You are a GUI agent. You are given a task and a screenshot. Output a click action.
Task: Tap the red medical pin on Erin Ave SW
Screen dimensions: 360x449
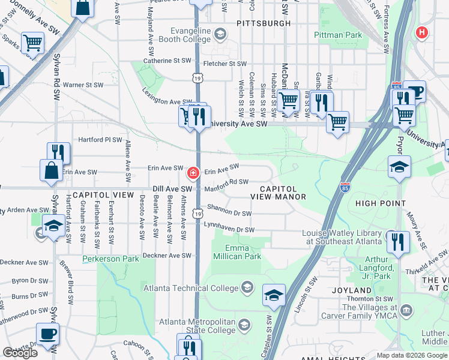coord(193,173)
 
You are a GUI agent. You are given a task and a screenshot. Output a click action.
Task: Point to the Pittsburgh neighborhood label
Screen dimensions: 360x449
coord(264,23)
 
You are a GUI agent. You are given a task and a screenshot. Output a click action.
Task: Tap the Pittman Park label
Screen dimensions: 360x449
coord(338,35)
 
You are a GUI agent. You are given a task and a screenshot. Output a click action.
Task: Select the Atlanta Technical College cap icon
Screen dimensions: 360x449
coord(246,287)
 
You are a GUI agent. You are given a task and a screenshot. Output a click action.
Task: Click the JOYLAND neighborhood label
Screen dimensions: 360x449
coord(352,290)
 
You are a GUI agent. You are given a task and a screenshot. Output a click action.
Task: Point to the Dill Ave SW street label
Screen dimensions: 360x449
coord(172,188)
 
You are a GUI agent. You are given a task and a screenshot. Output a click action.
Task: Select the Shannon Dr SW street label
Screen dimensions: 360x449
coord(229,210)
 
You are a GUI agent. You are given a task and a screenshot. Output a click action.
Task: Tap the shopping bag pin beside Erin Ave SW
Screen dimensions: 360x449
coord(52,170)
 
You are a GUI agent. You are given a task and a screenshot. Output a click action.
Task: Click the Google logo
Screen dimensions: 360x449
coord(20,353)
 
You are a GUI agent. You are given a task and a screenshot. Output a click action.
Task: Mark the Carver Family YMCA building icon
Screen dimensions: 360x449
coord(408,310)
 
